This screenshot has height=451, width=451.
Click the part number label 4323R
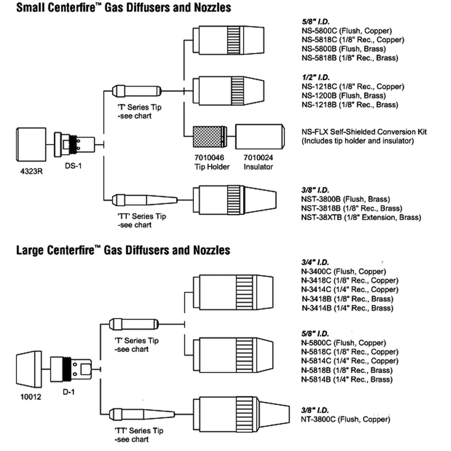tap(31, 171)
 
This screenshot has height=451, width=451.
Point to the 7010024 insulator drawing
tap(260, 137)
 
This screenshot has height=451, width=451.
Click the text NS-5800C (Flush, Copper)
tap(346, 31)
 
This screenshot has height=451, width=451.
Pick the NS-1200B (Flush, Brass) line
tap(343, 96)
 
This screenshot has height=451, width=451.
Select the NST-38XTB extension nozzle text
tap(361, 217)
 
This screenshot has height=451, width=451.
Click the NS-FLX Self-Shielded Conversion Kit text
tap(364, 132)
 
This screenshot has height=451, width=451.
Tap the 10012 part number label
tap(31, 397)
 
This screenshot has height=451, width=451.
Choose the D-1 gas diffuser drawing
tap(71, 369)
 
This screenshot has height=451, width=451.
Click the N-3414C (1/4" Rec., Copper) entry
tap(350, 289)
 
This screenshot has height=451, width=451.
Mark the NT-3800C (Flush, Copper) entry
tap(345, 419)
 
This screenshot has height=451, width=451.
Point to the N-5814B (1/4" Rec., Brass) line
tap(346, 379)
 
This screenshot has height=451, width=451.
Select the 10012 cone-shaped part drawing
tap(29, 369)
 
